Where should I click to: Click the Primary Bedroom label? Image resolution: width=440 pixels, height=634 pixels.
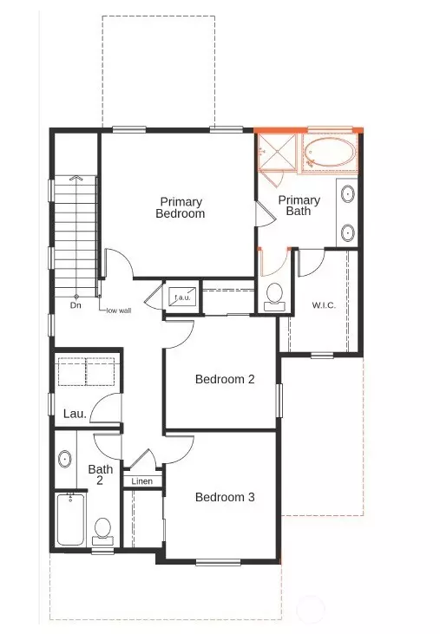pyautogui.click(x=181, y=207)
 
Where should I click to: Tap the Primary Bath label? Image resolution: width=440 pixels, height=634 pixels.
pyautogui.click(x=299, y=206)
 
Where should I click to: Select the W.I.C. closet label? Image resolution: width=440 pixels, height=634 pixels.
pyautogui.click(x=324, y=305)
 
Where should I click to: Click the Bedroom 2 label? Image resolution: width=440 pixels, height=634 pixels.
pyautogui.click(x=224, y=379)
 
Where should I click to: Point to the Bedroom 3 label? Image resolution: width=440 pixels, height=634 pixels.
pyautogui.click(x=224, y=497)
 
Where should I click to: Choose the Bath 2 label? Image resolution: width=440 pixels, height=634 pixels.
pyautogui.click(x=101, y=474)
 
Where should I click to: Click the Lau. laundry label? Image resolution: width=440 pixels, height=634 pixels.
pyautogui.click(x=75, y=414)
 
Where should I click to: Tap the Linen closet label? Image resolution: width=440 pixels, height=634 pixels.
pyautogui.click(x=141, y=480)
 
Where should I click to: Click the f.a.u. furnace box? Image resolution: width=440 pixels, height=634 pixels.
pyautogui.click(x=182, y=297)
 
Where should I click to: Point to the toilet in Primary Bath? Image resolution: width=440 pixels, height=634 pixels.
pyautogui.click(x=275, y=295)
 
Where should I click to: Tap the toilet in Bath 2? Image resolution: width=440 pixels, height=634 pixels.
pyautogui.click(x=102, y=529)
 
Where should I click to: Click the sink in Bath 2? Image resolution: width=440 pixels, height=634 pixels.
pyautogui.click(x=65, y=459)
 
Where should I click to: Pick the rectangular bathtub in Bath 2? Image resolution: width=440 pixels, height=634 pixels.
pyautogui.click(x=70, y=520)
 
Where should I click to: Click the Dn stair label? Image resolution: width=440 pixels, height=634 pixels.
pyautogui.click(x=76, y=305)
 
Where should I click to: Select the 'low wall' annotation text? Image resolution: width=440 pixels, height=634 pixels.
pyautogui.click(x=118, y=310)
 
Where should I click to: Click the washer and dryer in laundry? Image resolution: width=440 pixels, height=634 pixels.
pyautogui.click(x=86, y=372)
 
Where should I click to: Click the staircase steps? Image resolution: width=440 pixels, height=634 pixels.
pyautogui.click(x=76, y=234)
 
